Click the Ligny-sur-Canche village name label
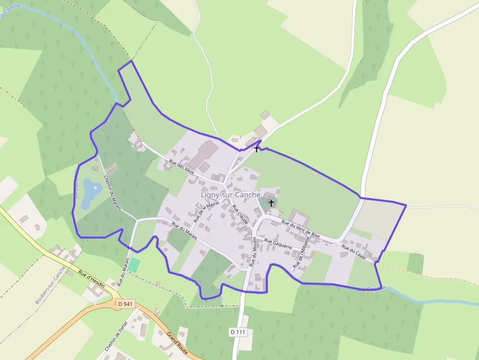(x=230, y=195)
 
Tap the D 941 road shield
(x=125, y=304)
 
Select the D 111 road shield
(x=238, y=332)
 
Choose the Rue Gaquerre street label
(x=278, y=244)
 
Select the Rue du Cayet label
(x=353, y=252)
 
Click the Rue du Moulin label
(x=253, y=252)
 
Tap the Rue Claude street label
(x=240, y=214)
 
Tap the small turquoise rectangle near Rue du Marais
(x=134, y=266)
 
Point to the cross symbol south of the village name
(x=271, y=202)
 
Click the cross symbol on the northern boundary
(x=256, y=148)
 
